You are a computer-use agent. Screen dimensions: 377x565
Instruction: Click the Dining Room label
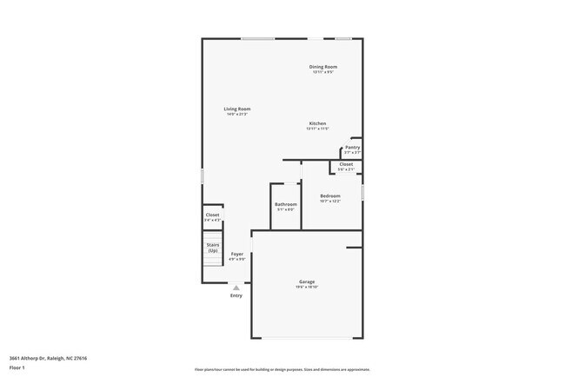323,67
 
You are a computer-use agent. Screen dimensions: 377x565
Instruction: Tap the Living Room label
237,109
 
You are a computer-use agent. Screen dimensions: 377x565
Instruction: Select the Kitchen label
317,123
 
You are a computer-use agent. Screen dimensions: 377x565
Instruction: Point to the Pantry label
352,148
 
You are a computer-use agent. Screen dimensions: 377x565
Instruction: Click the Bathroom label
286,204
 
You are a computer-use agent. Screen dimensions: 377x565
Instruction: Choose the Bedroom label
330,196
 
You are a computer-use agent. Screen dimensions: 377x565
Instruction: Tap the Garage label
307,281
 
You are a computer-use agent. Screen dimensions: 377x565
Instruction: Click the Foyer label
237,254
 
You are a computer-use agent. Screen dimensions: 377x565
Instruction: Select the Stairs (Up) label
213,248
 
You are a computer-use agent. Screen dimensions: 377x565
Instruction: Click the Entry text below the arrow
236,295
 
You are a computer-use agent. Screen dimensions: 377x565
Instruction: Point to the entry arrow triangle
236,287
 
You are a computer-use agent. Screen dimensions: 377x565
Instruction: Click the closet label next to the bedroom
346,164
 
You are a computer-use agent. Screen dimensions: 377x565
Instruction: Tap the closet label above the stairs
213,215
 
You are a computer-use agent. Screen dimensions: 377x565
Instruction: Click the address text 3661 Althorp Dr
48,358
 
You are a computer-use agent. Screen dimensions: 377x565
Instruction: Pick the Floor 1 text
18,367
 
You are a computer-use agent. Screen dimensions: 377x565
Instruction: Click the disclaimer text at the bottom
282,369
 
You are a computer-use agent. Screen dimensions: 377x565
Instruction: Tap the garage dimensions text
307,287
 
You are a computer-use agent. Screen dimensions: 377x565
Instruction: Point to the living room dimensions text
237,114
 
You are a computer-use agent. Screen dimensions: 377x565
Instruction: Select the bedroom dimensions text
330,202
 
